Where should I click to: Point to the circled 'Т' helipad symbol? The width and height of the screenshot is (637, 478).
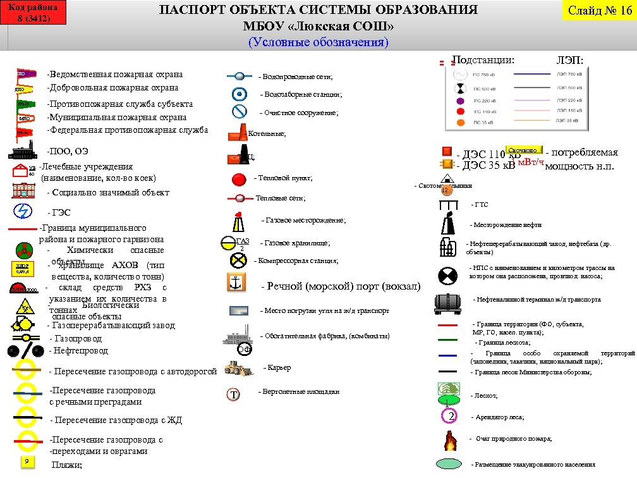[x=234, y=395]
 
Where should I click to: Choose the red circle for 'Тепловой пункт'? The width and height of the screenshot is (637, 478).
[x=239, y=179]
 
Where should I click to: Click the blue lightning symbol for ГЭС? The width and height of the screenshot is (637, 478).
[x=23, y=211]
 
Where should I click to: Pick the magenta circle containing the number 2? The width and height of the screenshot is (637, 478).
[x=449, y=416]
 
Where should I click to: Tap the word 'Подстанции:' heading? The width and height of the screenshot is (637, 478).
[x=483, y=60]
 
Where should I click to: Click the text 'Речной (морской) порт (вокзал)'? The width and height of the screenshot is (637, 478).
[x=340, y=286]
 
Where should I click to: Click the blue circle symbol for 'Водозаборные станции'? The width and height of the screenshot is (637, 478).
[x=239, y=95]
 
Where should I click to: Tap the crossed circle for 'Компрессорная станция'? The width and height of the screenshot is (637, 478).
[x=238, y=260]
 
